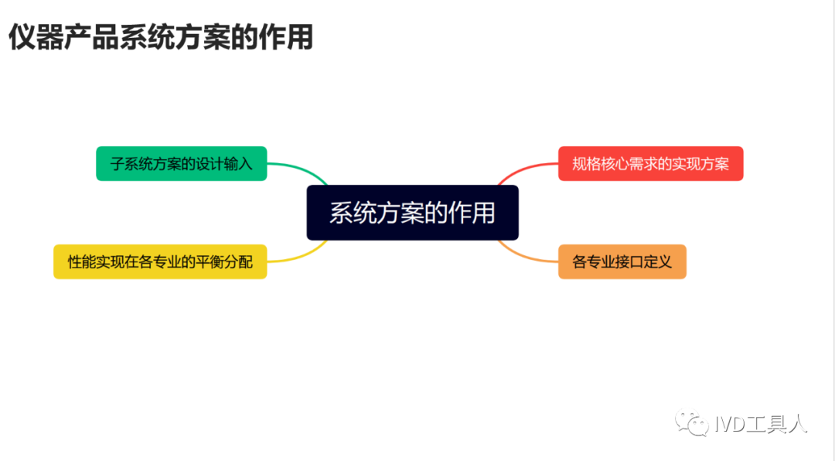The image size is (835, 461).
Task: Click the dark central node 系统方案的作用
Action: pyautogui.click(x=412, y=213)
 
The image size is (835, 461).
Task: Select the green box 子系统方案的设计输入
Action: pyautogui.click(x=181, y=163)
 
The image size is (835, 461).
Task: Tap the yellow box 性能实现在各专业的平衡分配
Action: pyautogui.click(x=160, y=261)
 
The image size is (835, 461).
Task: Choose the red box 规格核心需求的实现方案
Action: pyautogui.click(x=650, y=163)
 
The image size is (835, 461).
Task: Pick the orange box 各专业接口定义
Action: pyautogui.click(x=622, y=261)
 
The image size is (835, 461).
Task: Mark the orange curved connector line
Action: pyautogui.click(x=526, y=254)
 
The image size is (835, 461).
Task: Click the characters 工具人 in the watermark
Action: pyautogui.click(x=779, y=424)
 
